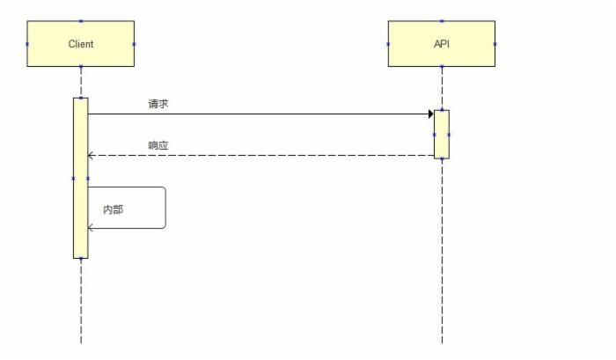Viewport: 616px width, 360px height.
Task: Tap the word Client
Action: [80, 44]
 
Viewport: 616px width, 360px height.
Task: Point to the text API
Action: [442, 43]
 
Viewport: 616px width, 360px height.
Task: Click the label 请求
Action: [158, 104]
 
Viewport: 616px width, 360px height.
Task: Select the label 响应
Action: [158, 145]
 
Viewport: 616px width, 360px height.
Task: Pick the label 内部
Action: [114, 210]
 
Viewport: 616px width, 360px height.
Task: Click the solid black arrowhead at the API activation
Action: [430, 114]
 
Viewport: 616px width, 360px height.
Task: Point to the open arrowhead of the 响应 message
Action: [91, 156]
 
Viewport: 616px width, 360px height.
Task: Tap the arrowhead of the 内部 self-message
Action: [91, 228]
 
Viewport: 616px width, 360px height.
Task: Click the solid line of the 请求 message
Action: [264, 114]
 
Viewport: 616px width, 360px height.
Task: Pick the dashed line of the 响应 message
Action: [264, 156]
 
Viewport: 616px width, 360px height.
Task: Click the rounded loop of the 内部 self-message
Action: [165, 207]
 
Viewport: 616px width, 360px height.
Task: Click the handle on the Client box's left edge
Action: [27, 44]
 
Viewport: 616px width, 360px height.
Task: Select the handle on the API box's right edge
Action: [495, 44]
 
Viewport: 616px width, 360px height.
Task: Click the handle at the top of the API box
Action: [442, 21]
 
